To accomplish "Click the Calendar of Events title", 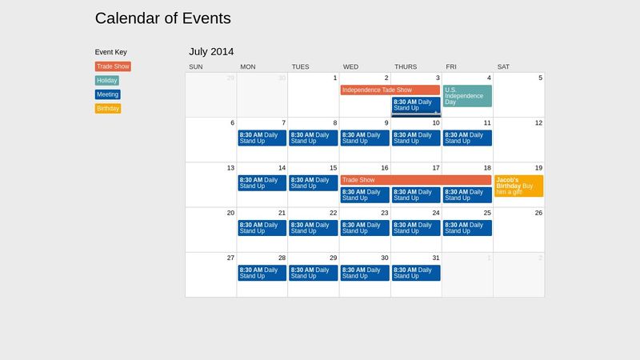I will coord(162,18).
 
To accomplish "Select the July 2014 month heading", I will coord(211,52).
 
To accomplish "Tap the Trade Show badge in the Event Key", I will coord(112,67).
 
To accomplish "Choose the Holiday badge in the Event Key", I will coord(106,81).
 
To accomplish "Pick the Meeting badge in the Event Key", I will coord(107,94).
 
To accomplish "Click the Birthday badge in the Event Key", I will coord(108,108).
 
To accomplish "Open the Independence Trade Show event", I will coord(390,90).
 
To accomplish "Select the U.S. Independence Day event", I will coord(467,96).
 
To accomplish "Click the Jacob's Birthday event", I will coord(518,186).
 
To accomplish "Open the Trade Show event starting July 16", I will coord(415,180).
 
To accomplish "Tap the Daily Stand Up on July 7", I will coord(262,138).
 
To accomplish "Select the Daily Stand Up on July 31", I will coord(415,273).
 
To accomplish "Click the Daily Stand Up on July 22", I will coord(313,228).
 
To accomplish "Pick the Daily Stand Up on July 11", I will coord(467,138).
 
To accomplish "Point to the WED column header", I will coord(351,66).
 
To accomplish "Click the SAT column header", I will coord(503,66).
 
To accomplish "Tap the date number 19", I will coord(538,168).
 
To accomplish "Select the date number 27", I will coord(230,258).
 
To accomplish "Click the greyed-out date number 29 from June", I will coord(230,78).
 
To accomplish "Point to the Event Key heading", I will coord(110,52).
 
